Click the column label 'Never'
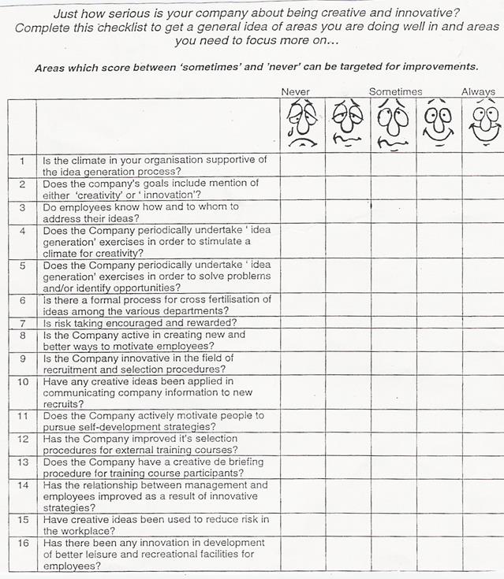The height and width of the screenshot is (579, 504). pyautogui.click(x=296, y=92)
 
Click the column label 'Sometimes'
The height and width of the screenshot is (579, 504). pyautogui.click(x=395, y=92)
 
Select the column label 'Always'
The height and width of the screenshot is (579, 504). pyautogui.click(x=478, y=92)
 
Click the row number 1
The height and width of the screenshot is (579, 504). pyautogui.click(x=23, y=161)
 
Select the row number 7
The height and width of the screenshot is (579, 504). pyautogui.click(x=23, y=323)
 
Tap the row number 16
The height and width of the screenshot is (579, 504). pyautogui.click(x=23, y=544)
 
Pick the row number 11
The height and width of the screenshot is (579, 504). pyautogui.click(x=23, y=415)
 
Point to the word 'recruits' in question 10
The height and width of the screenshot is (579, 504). pyautogui.click(x=63, y=403)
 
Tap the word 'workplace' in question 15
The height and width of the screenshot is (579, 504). pyautogui.click(x=86, y=530)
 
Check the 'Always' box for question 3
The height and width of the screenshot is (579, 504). pyautogui.click(x=483, y=212)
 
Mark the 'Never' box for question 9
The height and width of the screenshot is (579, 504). pyautogui.click(x=302, y=363)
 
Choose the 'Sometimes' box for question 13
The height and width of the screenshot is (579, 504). pyautogui.click(x=393, y=467)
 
